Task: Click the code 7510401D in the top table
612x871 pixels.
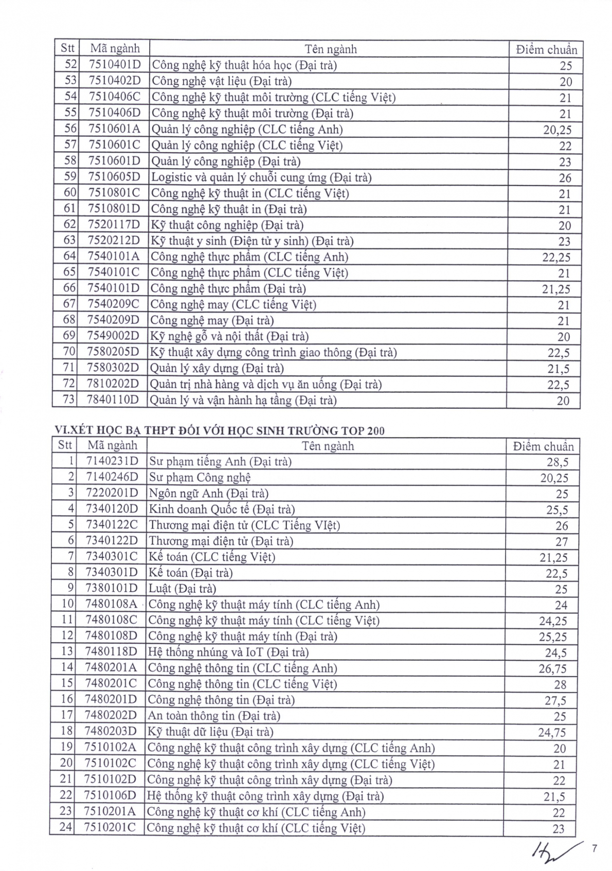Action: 114,65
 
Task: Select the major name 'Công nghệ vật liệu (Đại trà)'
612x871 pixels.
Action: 221,81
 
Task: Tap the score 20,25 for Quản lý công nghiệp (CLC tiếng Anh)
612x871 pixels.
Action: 557,130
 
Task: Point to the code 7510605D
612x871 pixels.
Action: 114,177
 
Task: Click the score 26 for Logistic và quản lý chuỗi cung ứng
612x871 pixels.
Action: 565,178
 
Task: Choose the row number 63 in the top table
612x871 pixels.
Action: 69,241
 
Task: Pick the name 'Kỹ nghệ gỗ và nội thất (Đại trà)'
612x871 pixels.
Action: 229,337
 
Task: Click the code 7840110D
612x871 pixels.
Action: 113,400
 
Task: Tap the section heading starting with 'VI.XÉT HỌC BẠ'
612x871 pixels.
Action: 220,431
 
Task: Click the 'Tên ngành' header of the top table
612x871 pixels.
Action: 330,49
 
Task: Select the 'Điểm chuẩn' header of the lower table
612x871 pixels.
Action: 543,446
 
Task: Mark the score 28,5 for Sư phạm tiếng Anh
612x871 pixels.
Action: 557,462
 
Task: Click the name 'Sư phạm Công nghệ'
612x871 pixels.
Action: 200,478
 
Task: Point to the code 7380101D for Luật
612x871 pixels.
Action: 112,589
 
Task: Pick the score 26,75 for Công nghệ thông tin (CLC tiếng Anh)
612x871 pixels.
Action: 553,669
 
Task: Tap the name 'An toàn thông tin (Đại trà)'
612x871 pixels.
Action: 213,716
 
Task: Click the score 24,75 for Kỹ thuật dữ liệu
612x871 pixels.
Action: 552,732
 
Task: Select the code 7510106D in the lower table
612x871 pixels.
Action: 110,796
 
